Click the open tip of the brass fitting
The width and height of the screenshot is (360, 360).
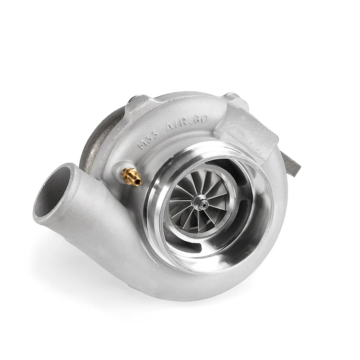point(138,182)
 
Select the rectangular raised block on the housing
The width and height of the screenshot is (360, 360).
point(245,130)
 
